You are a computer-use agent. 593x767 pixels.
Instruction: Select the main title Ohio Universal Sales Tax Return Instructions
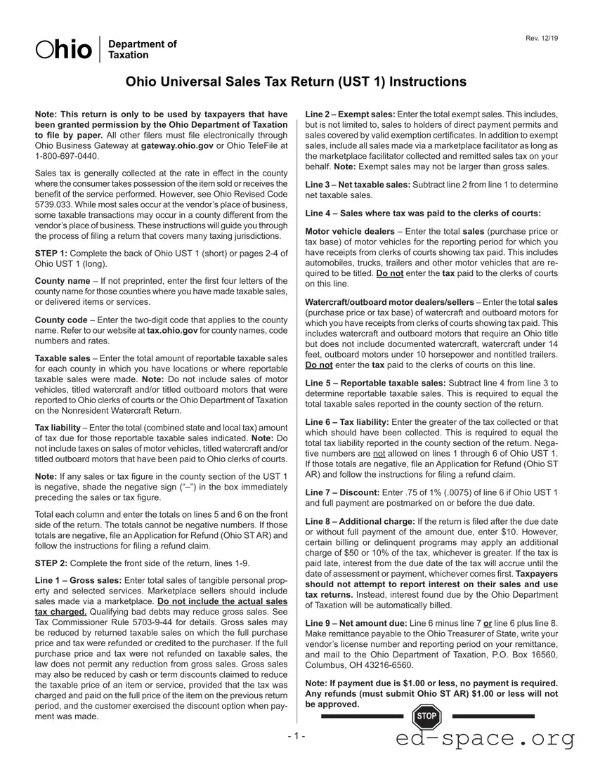(296, 82)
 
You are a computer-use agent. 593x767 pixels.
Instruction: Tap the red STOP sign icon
(425, 717)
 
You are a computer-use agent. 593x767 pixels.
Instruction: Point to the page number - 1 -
(296, 736)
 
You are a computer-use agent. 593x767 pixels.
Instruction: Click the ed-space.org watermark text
(485, 738)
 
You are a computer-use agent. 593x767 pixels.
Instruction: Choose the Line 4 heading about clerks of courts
(423, 214)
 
